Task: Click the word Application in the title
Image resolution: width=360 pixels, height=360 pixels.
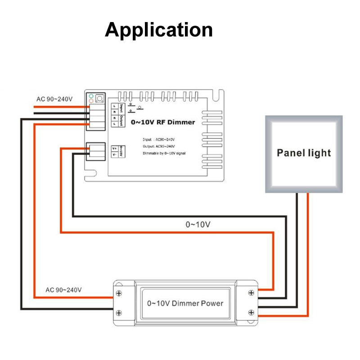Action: tap(158, 30)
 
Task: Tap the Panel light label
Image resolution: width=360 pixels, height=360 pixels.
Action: tap(304, 153)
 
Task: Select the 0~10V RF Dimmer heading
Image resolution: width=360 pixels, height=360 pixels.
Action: tap(163, 122)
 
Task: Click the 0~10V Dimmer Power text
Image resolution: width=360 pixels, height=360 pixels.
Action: tap(185, 303)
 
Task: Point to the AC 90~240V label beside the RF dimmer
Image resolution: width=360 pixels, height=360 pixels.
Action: tap(54, 99)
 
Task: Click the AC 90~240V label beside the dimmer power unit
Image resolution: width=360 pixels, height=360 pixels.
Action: tap(63, 290)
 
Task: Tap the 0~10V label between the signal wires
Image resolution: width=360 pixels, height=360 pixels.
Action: tap(198, 224)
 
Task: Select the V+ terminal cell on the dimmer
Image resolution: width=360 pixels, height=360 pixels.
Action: tap(114, 148)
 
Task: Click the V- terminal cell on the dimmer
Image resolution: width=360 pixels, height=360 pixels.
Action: tap(114, 154)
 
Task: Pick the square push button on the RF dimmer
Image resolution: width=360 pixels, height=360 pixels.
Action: tap(99, 98)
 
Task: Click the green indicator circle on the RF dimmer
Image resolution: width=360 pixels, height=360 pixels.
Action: tap(91, 96)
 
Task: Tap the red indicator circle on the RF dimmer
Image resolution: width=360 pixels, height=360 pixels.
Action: tap(91, 101)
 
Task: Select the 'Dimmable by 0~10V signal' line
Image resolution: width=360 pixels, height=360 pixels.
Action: tap(164, 153)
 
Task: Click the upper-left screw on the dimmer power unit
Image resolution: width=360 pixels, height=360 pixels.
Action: tap(119, 293)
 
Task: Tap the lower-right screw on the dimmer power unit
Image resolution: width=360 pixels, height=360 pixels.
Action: tap(251, 312)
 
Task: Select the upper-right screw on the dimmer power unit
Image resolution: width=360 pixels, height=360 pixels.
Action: tap(251, 293)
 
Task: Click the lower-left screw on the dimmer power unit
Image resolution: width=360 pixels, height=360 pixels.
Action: tap(119, 312)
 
